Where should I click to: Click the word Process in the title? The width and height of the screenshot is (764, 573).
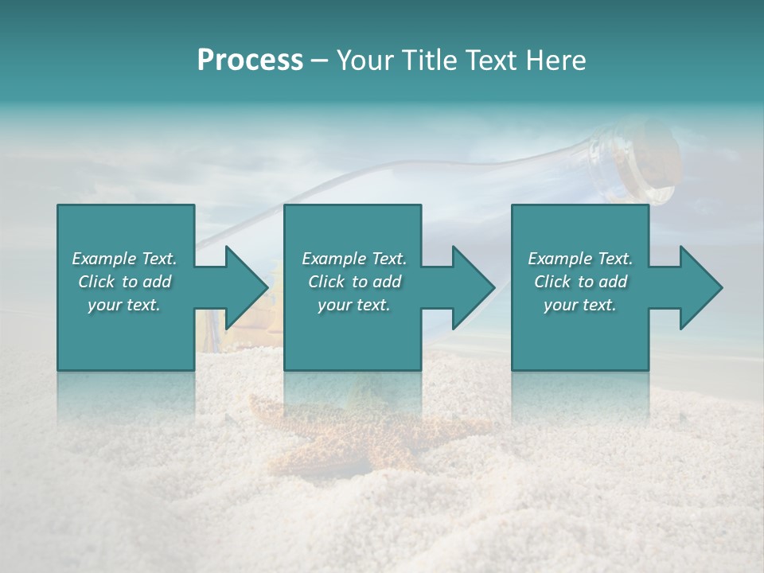click(x=250, y=60)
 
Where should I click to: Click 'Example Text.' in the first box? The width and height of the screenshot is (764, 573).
click(x=124, y=259)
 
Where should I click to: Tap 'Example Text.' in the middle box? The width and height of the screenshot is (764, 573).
click(x=354, y=259)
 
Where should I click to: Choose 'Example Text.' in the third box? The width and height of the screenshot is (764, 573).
click(x=580, y=259)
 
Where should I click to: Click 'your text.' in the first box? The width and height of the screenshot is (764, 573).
click(x=124, y=305)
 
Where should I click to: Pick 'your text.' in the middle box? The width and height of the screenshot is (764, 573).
click(x=354, y=305)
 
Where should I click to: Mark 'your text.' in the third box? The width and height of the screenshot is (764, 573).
click(x=580, y=305)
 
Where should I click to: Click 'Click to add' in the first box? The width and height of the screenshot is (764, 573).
click(x=124, y=282)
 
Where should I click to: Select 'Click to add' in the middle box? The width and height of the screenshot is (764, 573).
click(x=354, y=282)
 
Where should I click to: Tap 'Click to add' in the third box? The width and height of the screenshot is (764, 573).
click(x=580, y=282)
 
